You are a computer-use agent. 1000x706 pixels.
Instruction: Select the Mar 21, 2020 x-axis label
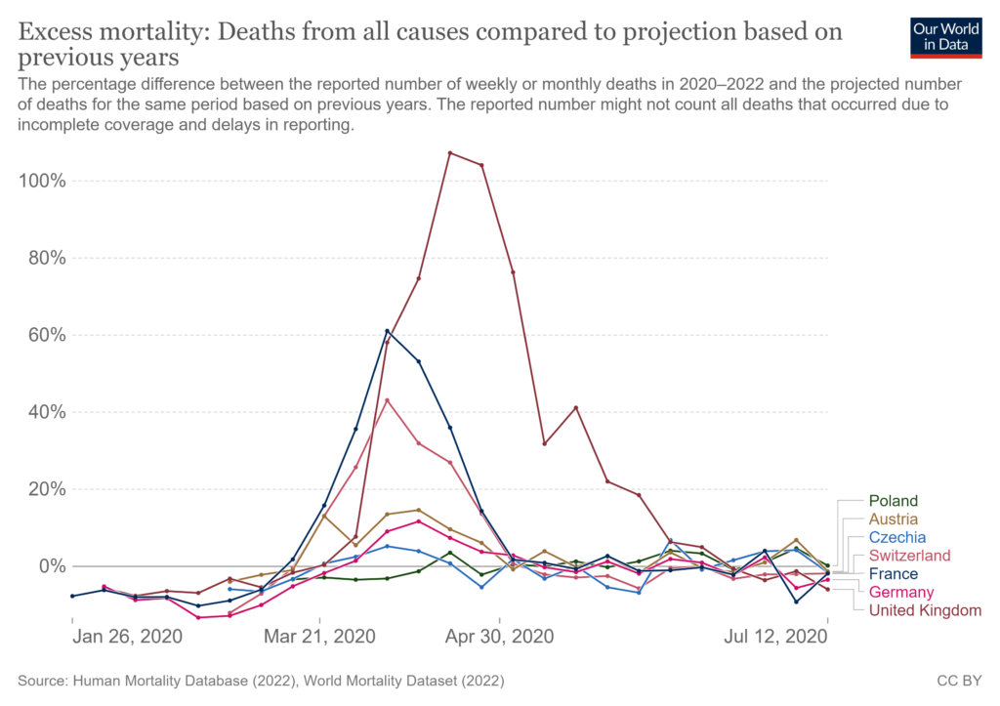tap(320, 637)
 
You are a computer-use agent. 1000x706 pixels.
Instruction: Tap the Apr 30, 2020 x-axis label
tap(500, 637)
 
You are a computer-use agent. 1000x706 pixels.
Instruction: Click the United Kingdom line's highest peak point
tap(449, 152)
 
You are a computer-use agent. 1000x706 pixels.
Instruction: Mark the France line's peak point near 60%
tap(388, 330)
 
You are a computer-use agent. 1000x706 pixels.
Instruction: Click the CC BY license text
tap(959, 679)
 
